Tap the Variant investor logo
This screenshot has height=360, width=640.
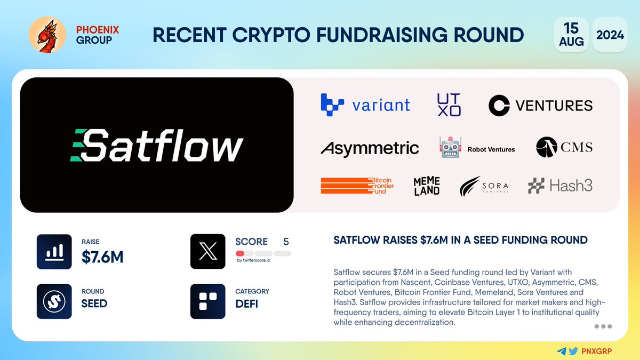click(x=365, y=105)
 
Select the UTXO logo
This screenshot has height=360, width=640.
click(x=449, y=104)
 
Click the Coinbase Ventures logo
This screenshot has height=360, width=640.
click(x=540, y=105)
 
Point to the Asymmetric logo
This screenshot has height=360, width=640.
click(x=370, y=148)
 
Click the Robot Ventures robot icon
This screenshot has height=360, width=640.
click(x=449, y=148)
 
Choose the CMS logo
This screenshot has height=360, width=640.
click(x=564, y=147)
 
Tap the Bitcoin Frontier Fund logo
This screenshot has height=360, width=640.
click(x=357, y=185)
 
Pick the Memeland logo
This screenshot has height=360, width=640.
click(x=427, y=186)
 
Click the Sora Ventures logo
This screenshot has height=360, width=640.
click(x=484, y=186)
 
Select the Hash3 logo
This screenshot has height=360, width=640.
click(x=560, y=186)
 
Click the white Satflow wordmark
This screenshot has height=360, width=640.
click(x=157, y=145)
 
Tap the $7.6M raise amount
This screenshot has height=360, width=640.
click(x=102, y=257)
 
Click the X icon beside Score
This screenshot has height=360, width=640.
click(x=207, y=251)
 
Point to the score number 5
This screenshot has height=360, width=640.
click(x=286, y=242)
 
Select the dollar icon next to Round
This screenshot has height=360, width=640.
click(x=54, y=301)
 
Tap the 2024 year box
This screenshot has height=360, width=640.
click(x=610, y=35)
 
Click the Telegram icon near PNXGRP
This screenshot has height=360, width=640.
click(x=561, y=351)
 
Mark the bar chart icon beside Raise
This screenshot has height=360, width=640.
click(x=54, y=251)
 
